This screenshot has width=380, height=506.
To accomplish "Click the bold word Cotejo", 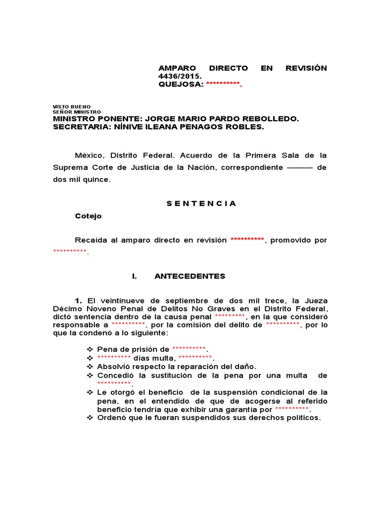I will point(88,216).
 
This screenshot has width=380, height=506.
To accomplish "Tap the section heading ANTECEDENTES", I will point(190,276).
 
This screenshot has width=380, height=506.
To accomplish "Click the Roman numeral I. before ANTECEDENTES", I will point(135,276).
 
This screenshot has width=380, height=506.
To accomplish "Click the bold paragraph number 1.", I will point(78,300).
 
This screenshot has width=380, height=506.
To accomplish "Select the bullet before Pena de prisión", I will point(90,349).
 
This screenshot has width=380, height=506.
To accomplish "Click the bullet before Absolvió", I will point(90,366).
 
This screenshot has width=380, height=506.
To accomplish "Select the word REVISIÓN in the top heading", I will point(306,68).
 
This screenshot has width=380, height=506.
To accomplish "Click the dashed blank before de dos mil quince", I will point(299,168).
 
